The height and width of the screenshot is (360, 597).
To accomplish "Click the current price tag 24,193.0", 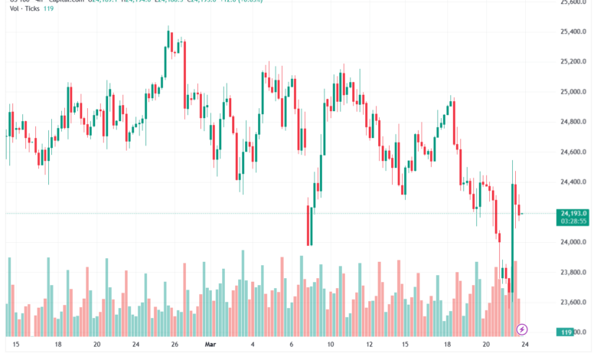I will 573,214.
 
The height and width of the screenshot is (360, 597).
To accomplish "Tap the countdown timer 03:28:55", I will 573,221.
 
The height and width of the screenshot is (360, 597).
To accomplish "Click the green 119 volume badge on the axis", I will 566,332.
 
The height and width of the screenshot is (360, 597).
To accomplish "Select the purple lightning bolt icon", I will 522,329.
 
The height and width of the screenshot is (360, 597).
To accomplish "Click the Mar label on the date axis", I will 212,345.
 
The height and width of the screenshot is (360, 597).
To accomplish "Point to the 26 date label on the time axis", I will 175,345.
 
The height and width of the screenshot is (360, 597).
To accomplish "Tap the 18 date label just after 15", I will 57,345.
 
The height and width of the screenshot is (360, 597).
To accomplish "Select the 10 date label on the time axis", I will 330,345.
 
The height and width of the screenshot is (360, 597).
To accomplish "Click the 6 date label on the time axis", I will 292,345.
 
